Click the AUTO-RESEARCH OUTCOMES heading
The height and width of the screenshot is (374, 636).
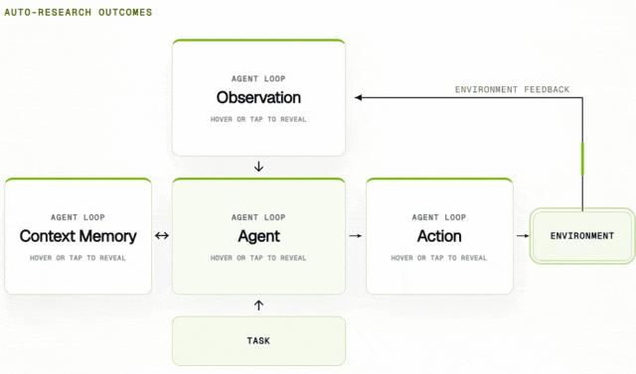coord(79,12)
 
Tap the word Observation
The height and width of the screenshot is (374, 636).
coord(258,97)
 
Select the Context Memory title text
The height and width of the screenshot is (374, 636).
coord(78,236)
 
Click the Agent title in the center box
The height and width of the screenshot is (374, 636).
coord(258,236)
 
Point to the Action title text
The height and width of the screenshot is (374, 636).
coord(439,236)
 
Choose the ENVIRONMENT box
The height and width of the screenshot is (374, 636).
coord(582,236)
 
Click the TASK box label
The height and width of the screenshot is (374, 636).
coord(258,341)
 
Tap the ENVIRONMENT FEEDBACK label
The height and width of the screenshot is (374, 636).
coord(512,89)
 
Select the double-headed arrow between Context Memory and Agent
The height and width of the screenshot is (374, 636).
coord(162,235)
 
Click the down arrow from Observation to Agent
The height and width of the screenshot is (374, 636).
coord(258,167)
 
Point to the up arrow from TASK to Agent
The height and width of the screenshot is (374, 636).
coord(258,306)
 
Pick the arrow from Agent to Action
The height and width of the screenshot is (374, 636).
coord(356,235)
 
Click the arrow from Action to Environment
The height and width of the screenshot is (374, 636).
coord(523,235)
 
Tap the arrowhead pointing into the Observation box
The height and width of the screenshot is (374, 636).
coord(358,97)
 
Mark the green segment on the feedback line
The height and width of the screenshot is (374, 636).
coord(583,159)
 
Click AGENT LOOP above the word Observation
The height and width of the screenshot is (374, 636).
coord(258,79)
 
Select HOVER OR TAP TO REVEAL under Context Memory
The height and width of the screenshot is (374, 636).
coord(78,258)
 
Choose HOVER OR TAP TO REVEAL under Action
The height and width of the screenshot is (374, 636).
coord(439,258)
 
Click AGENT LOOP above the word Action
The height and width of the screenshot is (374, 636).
coord(439,217)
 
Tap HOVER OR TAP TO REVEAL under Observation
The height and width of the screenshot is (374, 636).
coord(258,119)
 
